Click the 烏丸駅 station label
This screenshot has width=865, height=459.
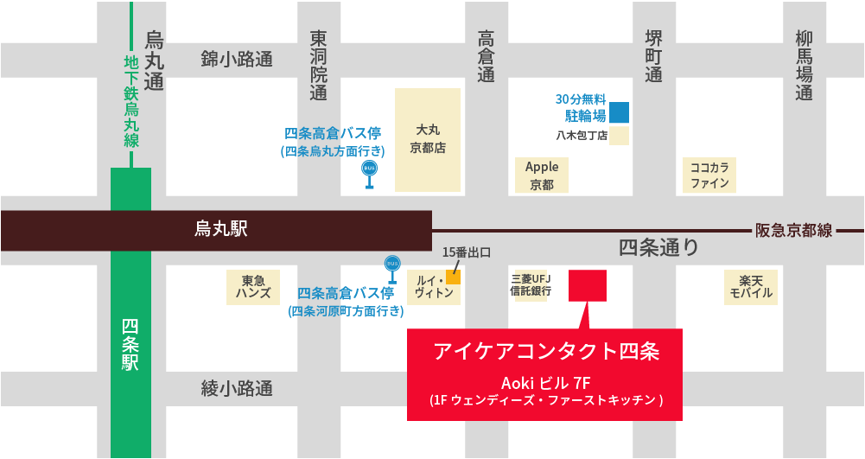click(220, 229)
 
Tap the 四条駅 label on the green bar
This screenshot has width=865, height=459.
click(130, 345)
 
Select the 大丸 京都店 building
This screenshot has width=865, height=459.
click(428, 139)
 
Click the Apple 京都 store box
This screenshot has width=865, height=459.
click(542, 175)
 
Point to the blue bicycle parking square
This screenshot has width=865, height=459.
click(619, 112)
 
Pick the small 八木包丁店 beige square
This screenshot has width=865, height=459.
click(619, 136)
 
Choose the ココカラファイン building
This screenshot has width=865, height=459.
click(709, 175)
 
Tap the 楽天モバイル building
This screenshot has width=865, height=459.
click(750, 287)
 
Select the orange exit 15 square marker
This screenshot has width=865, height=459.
click(453, 277)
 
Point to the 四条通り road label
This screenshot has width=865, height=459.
click(658, 249)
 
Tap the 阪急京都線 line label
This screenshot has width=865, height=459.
click(793, 230)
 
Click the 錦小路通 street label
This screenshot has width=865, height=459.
click(237, 60)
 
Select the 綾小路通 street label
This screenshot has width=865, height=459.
click(237, 389)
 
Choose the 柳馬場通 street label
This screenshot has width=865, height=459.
click(805, 65)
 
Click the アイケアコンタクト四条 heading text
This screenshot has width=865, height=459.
click(546, 352)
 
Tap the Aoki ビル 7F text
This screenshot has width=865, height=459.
click(545, 383)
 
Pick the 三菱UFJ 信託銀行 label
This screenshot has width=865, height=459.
click(531, 285)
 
